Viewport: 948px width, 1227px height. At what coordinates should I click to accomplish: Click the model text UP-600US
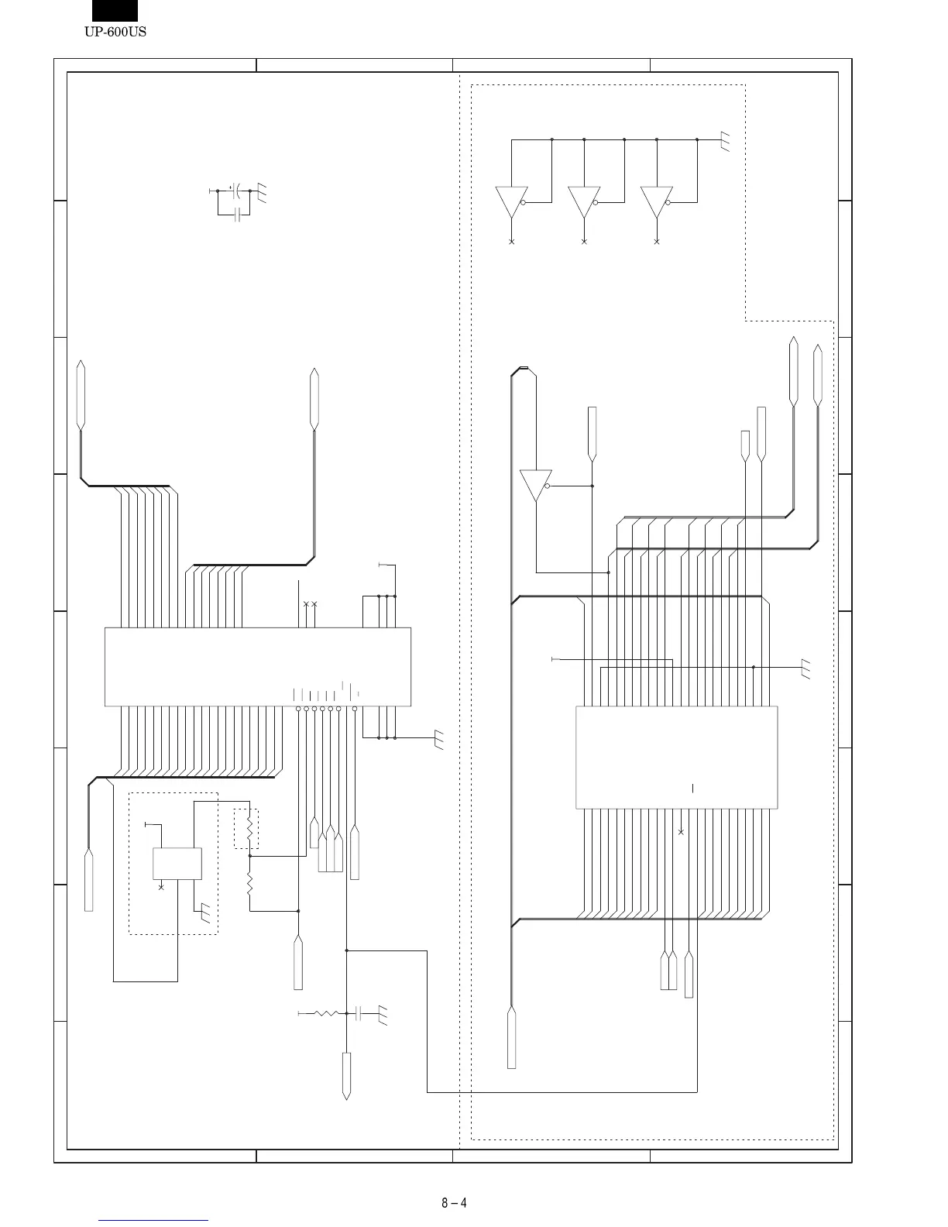pos(115,32)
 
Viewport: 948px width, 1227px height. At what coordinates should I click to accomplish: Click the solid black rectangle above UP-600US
pos(115,10)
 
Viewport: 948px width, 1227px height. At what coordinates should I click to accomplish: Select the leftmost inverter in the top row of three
pos(511,202)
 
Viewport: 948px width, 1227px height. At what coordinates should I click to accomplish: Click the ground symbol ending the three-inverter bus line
pos(725,141)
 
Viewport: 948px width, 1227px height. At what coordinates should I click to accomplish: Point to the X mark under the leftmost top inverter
pos(511,242)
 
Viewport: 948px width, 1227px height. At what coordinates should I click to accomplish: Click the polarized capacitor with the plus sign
pos(237,190)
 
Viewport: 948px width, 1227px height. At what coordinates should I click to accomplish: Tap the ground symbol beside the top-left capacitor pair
pos(262,192)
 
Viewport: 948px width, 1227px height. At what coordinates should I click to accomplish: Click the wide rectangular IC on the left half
pos(257,666)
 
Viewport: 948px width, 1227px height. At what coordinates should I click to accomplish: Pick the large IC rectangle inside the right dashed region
pos(676,757)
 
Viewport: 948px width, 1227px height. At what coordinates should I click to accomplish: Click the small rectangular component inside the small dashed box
pos(177,863)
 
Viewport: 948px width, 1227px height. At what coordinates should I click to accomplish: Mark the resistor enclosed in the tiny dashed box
pos(249,828)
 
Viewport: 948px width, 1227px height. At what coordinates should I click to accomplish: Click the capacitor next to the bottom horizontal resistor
pos(358,1012)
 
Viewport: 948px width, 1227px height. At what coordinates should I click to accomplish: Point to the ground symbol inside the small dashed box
pos(204,913)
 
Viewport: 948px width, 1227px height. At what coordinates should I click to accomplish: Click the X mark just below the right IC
pos(681,832)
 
